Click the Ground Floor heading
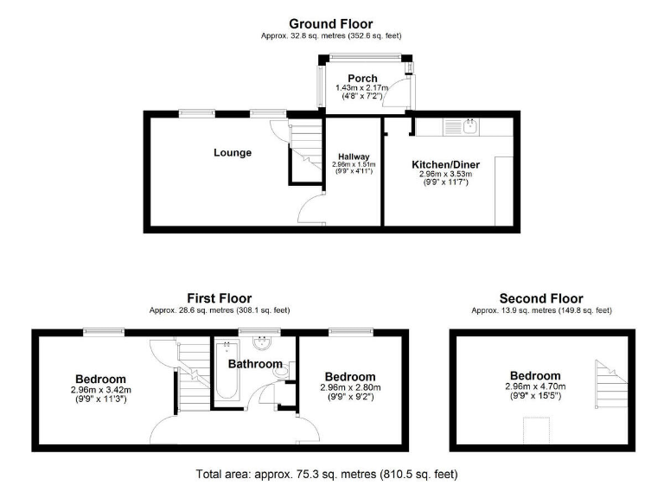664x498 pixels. (x=331, y=23)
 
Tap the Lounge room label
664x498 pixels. (x=233, y=153)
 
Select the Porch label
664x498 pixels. (x=362, y=79)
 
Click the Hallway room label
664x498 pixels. (x=354, y=156)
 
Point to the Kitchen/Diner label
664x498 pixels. (x=445, y=163)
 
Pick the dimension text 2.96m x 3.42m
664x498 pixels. (x=100, y=390)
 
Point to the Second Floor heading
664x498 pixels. (x=540, y=299)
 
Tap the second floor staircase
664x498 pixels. (x=608, y=383)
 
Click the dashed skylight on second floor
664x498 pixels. (x=537, y=429)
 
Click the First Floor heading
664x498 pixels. (x=220, y=299)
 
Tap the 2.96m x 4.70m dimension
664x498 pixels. (x=541, y=386)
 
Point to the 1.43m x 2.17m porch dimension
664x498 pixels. (x=362, y=88)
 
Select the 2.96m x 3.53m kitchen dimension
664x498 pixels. (x=445, y=173)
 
